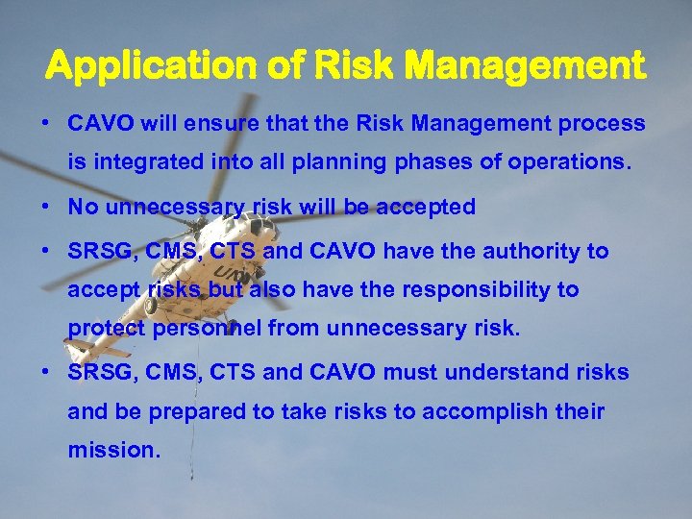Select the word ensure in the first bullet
tap(209, 124)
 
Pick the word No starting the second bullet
tap(82, 207)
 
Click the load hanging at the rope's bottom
tap(191, 473)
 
